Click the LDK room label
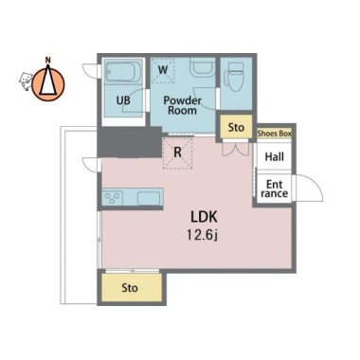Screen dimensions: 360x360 [x=204, y=217]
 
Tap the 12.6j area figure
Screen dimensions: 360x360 [x=202, y=235]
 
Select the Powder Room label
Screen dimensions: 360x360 [x=182, y=105]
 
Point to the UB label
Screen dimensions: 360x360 [x=123, y=100]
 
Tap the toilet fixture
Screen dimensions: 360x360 [x=234, y=77]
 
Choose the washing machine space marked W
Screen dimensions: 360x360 [x=163, y=70]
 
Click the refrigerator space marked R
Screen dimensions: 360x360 [x=177, y=153]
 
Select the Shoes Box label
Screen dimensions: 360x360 [x=274, y=134]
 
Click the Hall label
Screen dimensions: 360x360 [x=274, y=156]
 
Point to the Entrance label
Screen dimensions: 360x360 [x=275, y=189]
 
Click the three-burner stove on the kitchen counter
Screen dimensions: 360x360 [x=113, y=198]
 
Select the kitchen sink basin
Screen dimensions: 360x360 [x=149, y=198]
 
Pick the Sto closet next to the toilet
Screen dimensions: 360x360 [x=236, y=127]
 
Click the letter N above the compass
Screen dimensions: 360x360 [x=48, y=59]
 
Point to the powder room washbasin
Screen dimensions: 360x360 [x=203, y=67]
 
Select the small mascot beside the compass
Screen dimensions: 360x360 [x=26, y=81]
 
